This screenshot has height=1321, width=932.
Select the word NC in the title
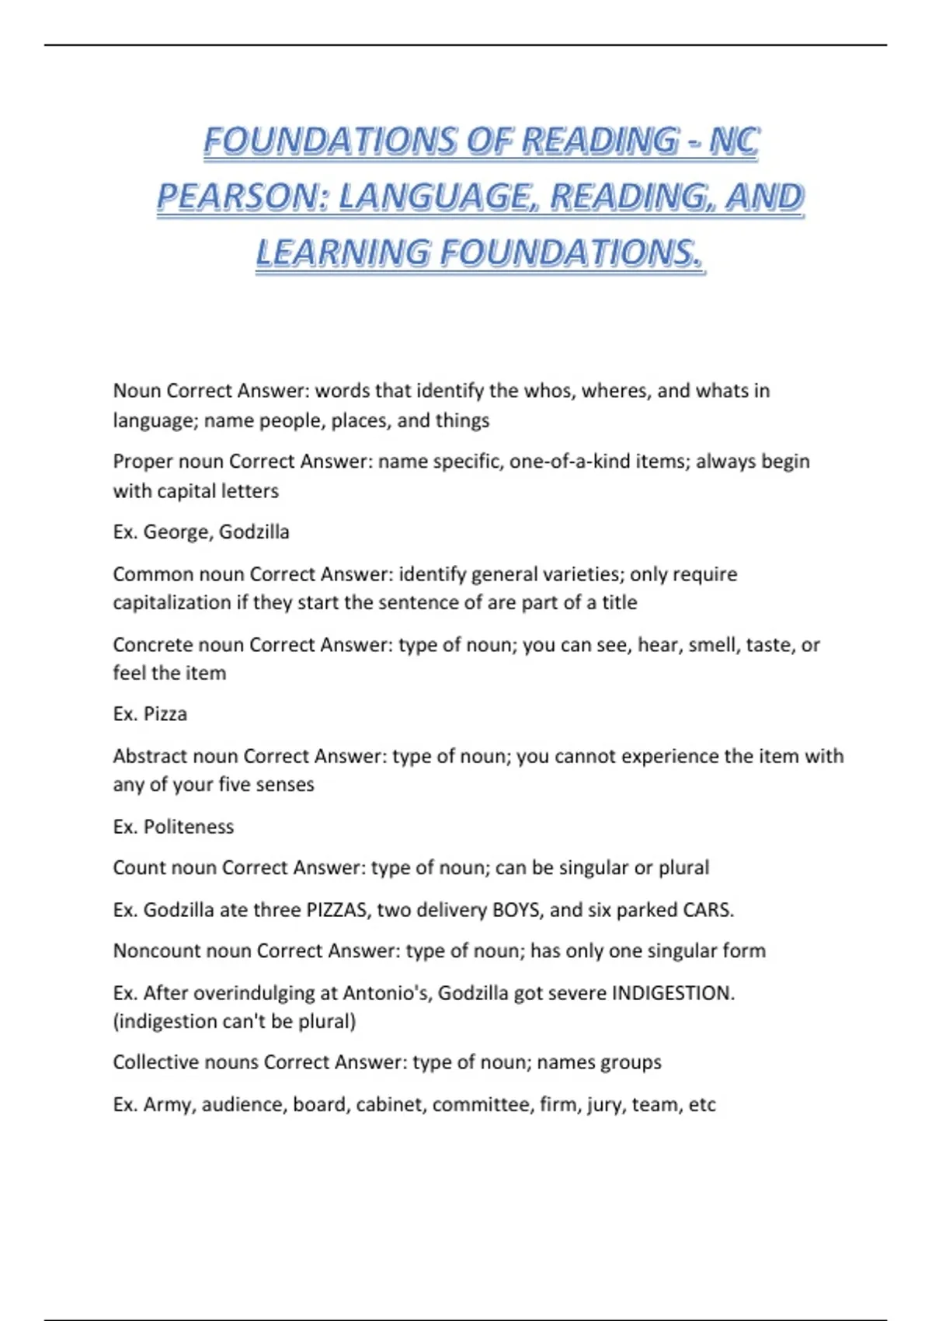(735, 141)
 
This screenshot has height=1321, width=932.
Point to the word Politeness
(189, 827)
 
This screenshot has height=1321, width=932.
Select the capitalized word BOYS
(516, 910)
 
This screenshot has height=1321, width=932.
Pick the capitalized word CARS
(708, 910)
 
